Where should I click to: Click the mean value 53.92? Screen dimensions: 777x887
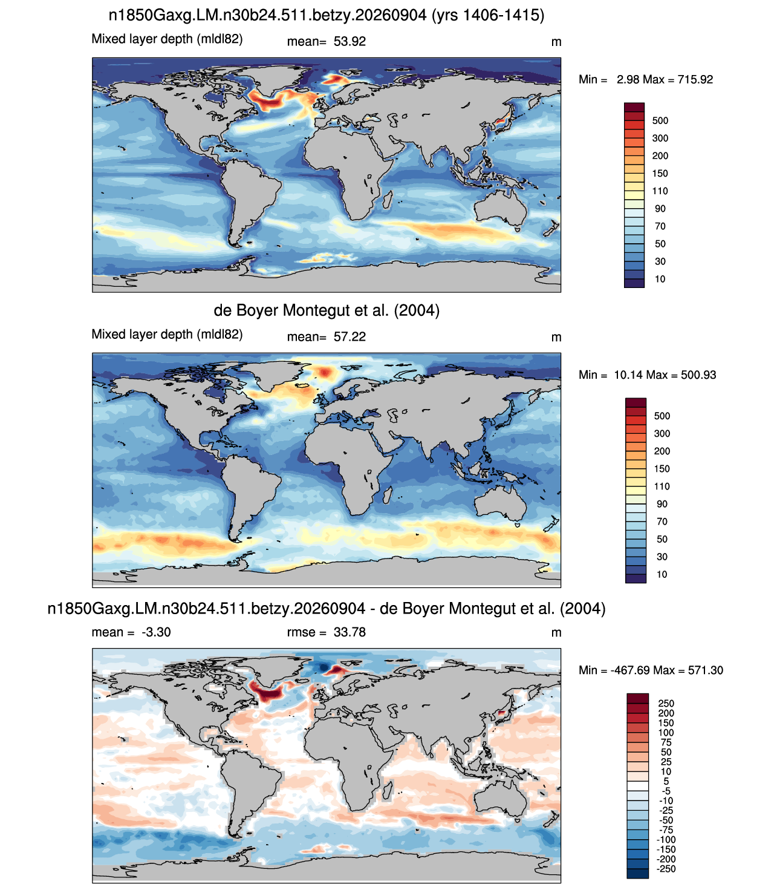(349, 42)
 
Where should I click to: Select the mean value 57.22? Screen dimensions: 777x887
(349, 336)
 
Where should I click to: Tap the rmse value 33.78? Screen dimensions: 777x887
(349, 632)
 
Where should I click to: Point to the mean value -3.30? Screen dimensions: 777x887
(156, 632)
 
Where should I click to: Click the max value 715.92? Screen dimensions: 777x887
(695, 79)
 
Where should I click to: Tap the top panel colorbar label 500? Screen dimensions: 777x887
(660, 120)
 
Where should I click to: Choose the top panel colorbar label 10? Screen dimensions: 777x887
(660, 279)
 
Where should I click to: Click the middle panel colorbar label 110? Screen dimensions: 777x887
(662, 486)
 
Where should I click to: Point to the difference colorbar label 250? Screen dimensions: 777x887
(666, 703)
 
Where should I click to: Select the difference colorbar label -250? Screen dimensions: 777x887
(666, 869)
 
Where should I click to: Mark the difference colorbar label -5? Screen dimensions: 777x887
(666, 791)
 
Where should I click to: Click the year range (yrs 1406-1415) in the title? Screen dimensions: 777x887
(488, 15)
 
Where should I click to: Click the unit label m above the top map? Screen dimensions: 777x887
(556, 42)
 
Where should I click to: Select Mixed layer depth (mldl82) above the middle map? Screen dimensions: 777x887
(167, 335)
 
